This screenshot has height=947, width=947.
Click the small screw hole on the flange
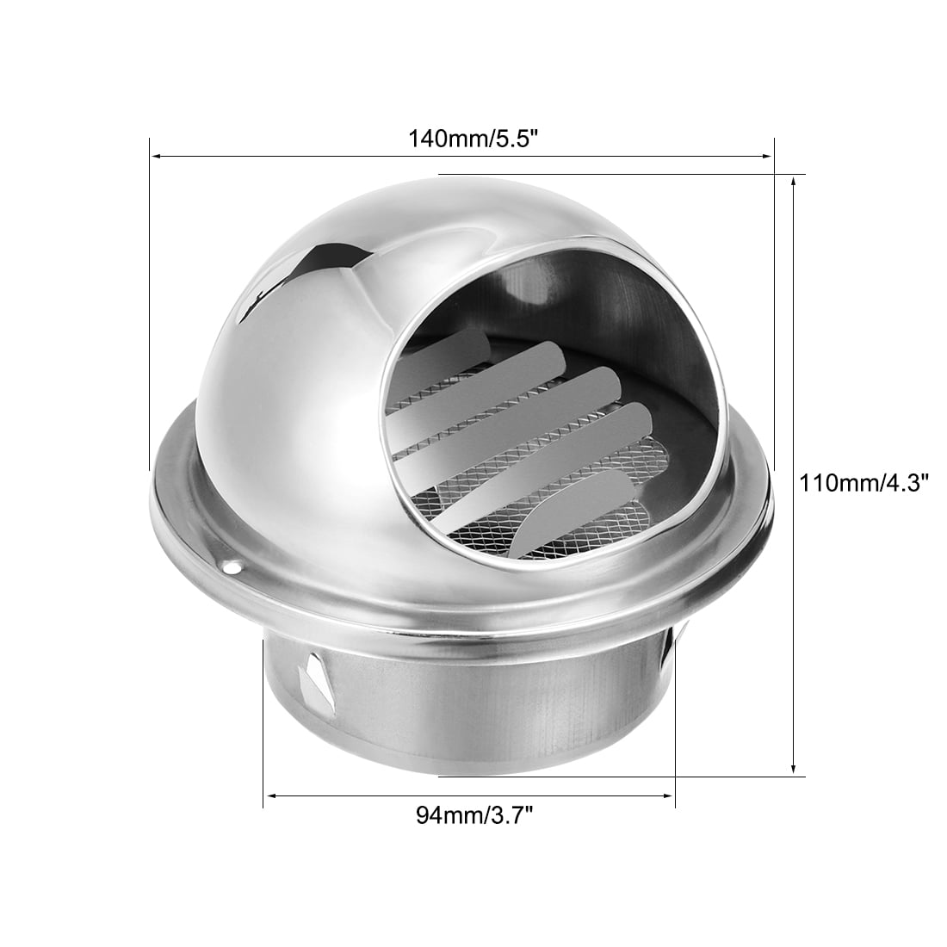coord(230,566)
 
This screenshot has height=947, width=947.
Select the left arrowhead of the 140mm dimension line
coord(157,157)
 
